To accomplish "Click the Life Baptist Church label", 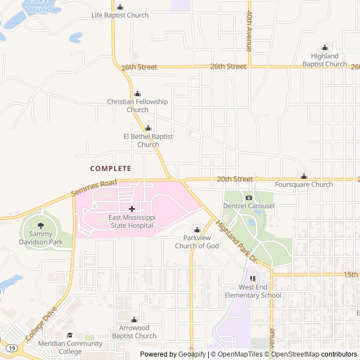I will coord(120,15).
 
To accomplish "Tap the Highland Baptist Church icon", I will coord(325,48).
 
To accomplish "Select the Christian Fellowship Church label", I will coord(137,106).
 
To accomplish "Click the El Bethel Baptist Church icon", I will coord(148,128).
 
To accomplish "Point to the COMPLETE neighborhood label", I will coord(110,168).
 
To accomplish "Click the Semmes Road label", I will coord(94,188).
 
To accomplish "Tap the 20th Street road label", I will coord(235,179).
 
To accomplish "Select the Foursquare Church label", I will coord(304,184).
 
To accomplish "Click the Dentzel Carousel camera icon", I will coord(249,198).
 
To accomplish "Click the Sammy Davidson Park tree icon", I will coord(40,226).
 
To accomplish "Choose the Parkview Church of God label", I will coord(197,242).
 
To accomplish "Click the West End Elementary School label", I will coord(253,291).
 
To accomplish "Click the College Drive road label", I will coord(41,324).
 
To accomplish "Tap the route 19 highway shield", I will coord(12,349).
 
